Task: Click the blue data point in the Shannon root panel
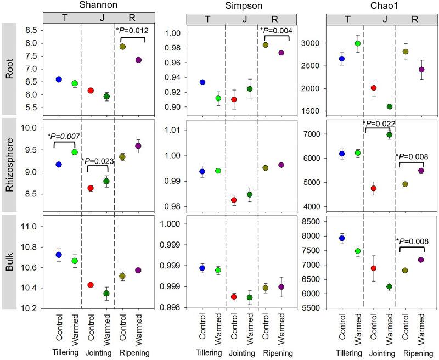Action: tap(59, 80)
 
